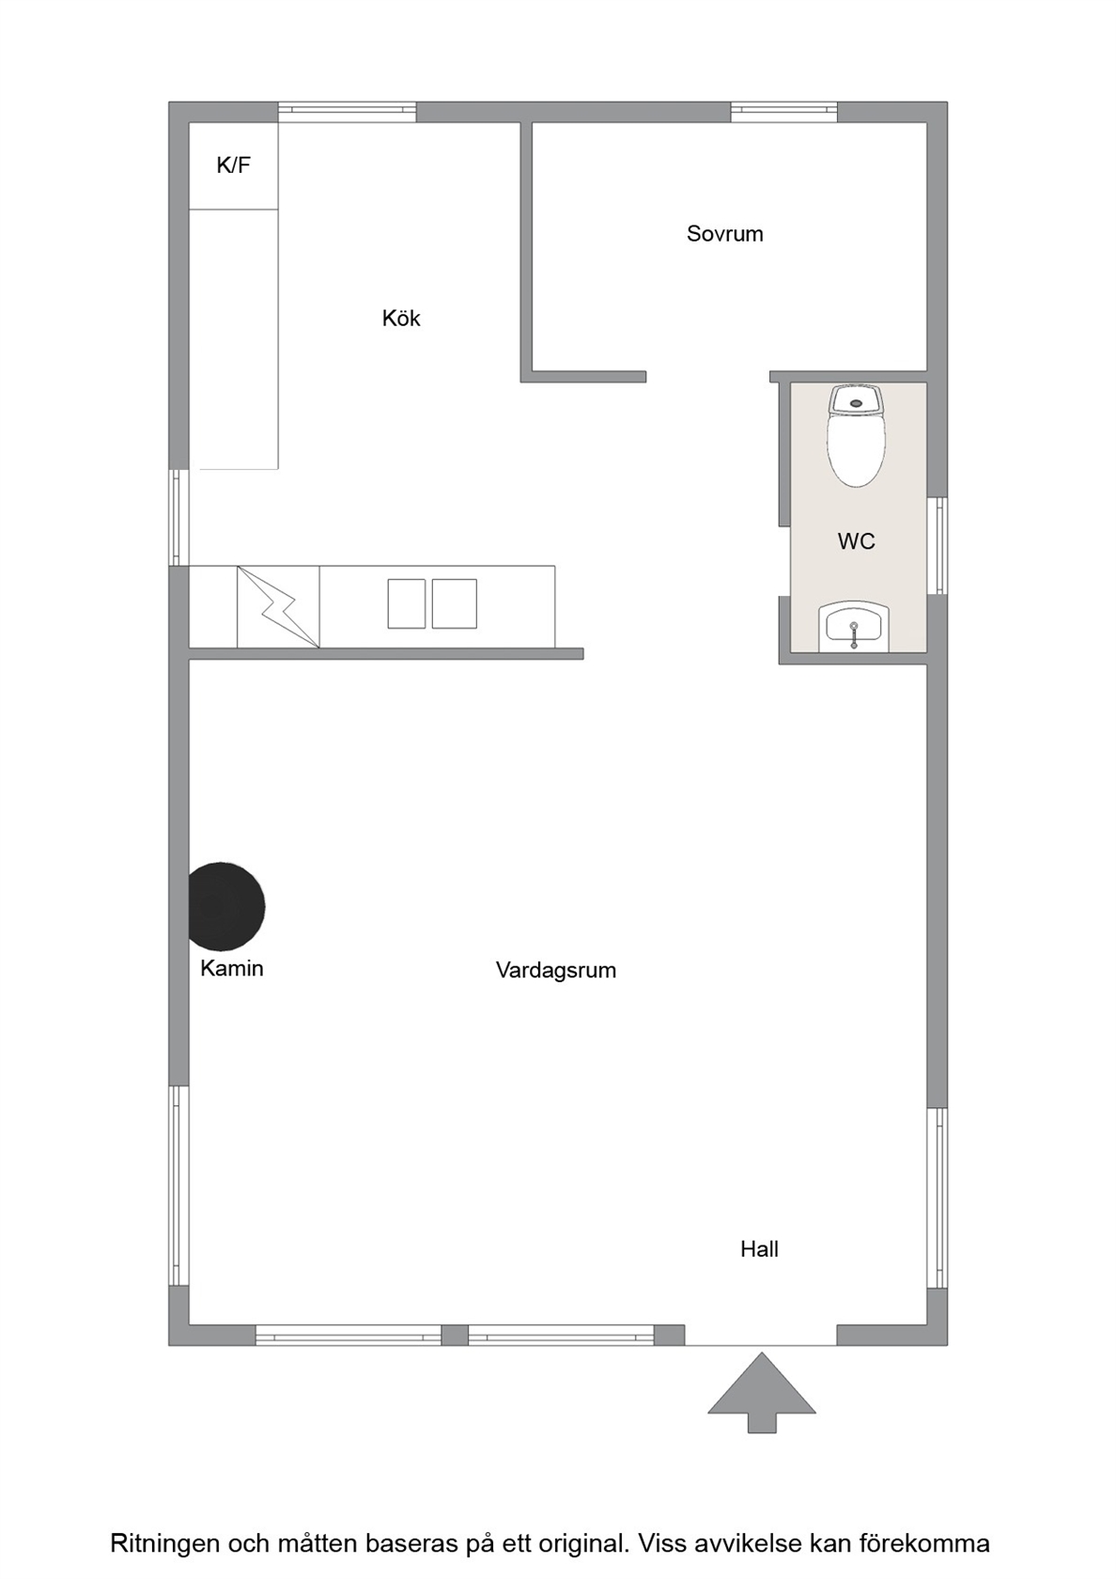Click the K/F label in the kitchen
[x=234, y=165]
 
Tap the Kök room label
[x=401, y=319]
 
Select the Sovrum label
[x=725, y=234]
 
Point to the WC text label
[x=857, y=541]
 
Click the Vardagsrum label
[x=556, y=970]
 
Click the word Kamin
[x=232, y=968]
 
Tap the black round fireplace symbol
[x=227, y=906]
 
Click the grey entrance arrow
[x=762, y=1392]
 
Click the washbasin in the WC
[x=853, y=626]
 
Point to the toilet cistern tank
[x=856, y=400]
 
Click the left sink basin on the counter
[x=407, y=603]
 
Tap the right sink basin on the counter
[x=455, y=603]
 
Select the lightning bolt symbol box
[x=278, y=607]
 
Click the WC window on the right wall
[x=938, y=545]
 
